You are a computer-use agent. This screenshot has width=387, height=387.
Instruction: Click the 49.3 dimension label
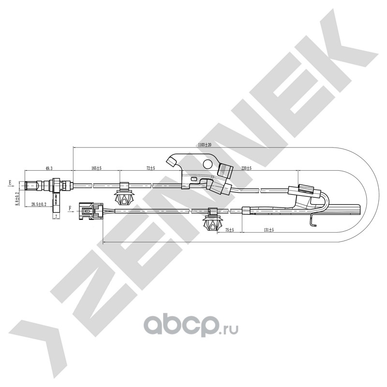49,168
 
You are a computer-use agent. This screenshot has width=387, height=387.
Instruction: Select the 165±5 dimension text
96,168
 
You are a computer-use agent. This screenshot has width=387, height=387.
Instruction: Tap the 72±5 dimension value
150,168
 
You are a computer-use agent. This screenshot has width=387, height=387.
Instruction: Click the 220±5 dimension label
246,168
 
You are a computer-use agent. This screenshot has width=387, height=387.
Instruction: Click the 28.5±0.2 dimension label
38,204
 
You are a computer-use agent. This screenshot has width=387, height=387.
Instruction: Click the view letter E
9,183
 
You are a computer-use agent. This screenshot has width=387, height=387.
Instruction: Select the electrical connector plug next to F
90,210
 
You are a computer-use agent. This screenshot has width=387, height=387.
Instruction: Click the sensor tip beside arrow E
30,185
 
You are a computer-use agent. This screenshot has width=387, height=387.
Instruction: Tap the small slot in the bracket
194,179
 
